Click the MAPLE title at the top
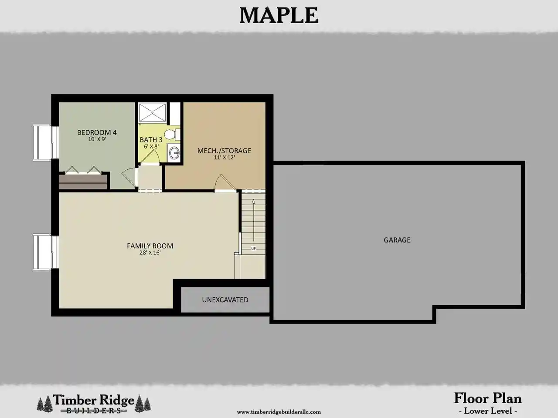(x=279, y=16)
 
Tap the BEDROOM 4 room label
(x=97, y=132)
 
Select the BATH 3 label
(x=151, y=140)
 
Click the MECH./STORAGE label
(x=224, y=151)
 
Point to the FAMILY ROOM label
(x=150, y=246)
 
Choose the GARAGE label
(x=397, y=240)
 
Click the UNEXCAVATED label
(x=225, y=300)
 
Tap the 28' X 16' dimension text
(x=150, y=253)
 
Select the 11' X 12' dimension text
(x=224, y=157)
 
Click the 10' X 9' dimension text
(x=97, y=139)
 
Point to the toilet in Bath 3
(x=172, y=135)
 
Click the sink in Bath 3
(x=174, y=153)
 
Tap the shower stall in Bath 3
(x=152, y=112)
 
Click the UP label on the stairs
(x=253, y=249)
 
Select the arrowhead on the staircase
(x=253, y=202)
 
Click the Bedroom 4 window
(x=46, y=142)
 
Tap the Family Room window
(x=46, y=252)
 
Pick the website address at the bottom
(x=279, y=411)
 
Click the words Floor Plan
(x=488, y=398)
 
